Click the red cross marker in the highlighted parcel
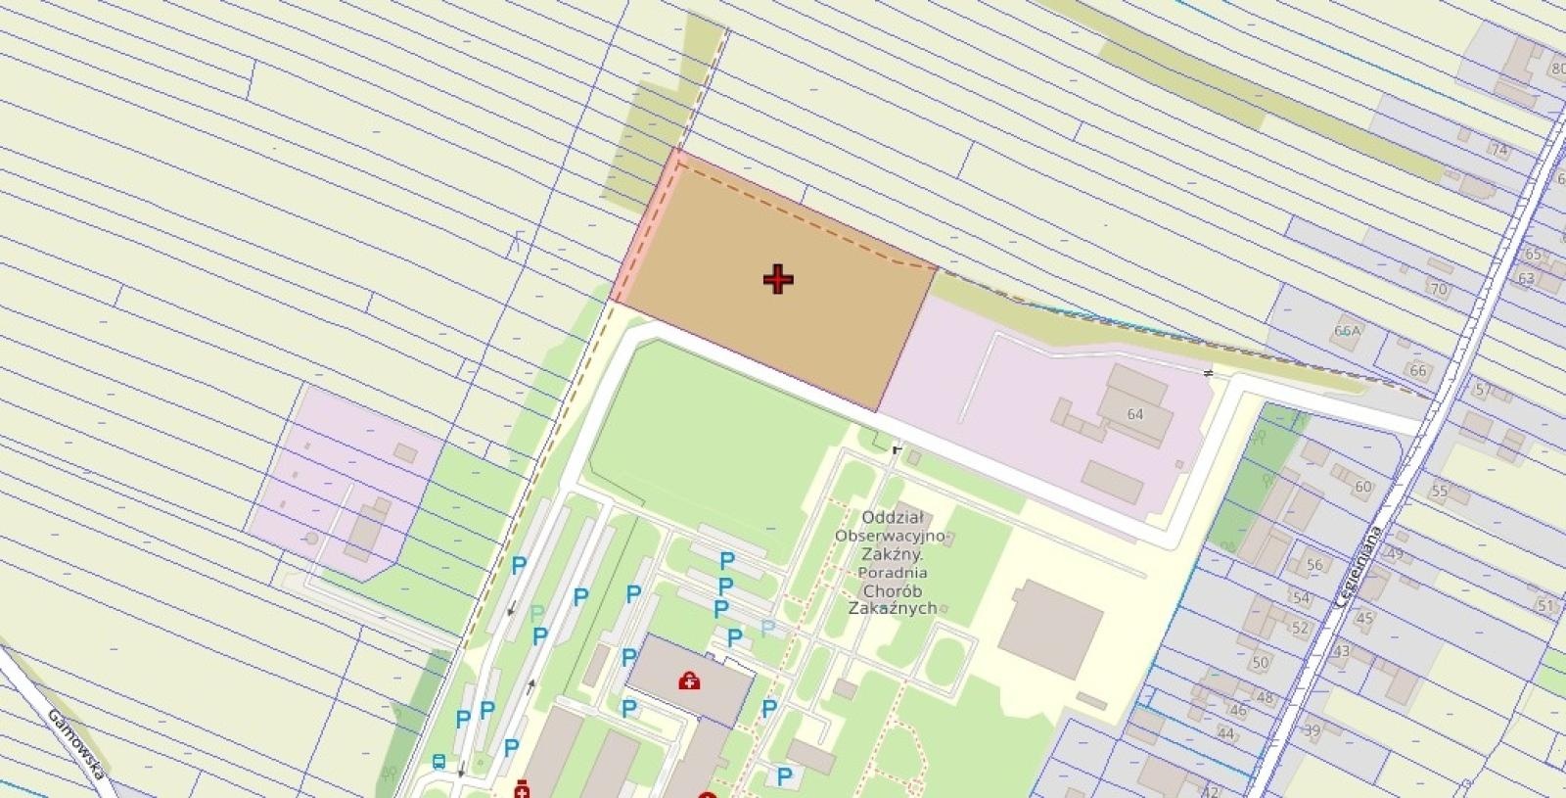(x=778, y=280)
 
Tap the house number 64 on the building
(x=1135, y=414)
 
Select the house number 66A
(x=1348, y=331)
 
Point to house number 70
(x=1439, y=290)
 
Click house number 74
(x=1499, y=149)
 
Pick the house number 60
(x=1363, y=487)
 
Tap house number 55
(x=1439, y=491)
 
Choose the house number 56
(x=1314, y=564)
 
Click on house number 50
(x=1261, y=663)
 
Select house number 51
(x=1545, y=606)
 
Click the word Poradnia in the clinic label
(x=892, y=573)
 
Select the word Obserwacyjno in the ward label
(x=890, y=536)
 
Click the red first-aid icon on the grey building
(x=689, y=680)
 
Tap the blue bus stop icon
(x=438, y=761)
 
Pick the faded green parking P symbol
(x=536, y=613)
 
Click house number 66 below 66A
(x=1418, y=370)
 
